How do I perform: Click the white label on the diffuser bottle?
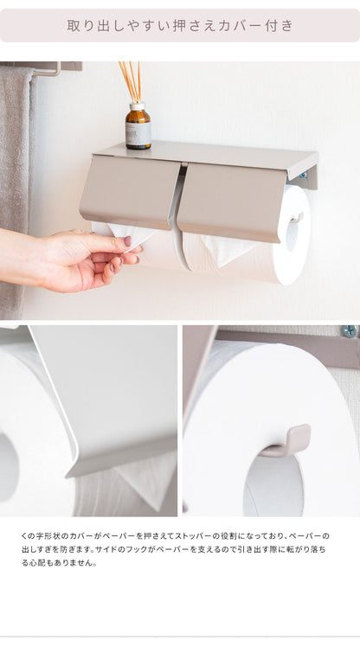137,133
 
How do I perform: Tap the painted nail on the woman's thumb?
127,241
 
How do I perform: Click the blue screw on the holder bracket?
303,176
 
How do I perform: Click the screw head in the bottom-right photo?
348,331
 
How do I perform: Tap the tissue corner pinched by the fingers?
130,235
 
